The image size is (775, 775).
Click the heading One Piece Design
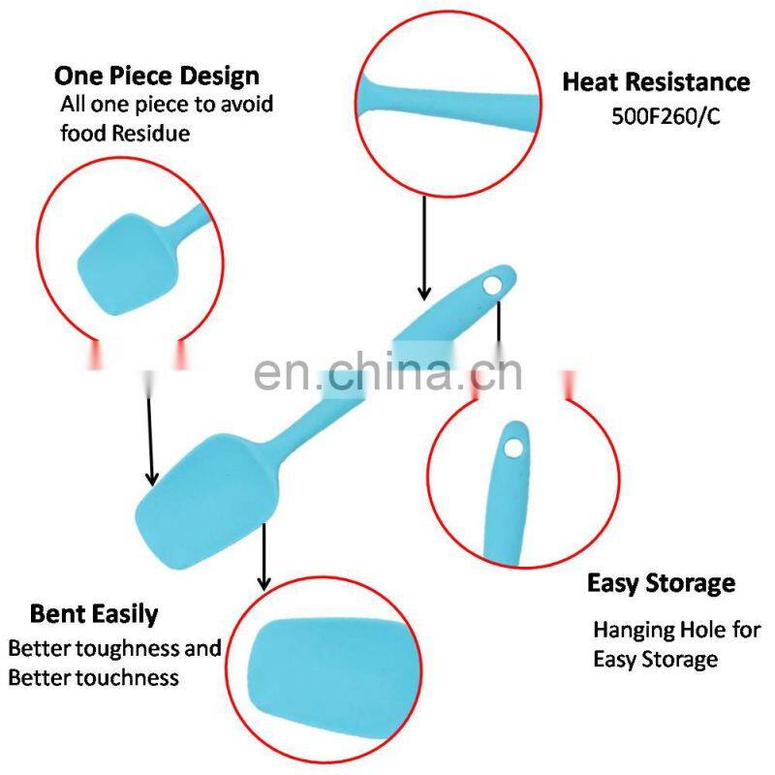(x=157, y=77)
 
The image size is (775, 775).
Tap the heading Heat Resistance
(x=656, y=82)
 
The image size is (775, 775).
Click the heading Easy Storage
(x=661, y=584)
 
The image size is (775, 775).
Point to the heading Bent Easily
(x=94, y=614)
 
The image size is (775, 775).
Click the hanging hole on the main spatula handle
(x=492, y=284)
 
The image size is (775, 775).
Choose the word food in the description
(x=82, y=134)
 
